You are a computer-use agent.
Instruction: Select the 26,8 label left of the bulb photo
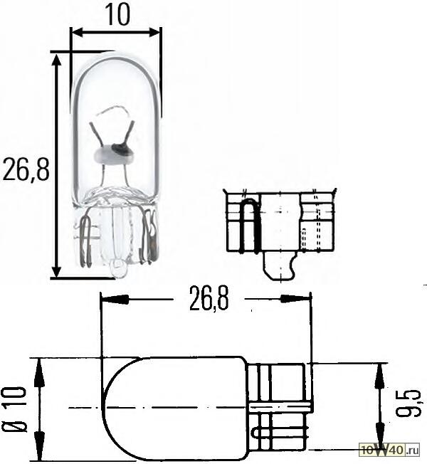coord(26,170)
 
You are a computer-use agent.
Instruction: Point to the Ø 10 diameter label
coord(15,411)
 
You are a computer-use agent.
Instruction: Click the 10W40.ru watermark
coord(389,450)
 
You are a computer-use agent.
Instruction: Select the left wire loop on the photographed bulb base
coord(85,242)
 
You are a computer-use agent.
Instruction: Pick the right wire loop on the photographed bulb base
coord(151,238)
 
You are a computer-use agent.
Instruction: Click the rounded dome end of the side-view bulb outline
coord(114,410)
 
